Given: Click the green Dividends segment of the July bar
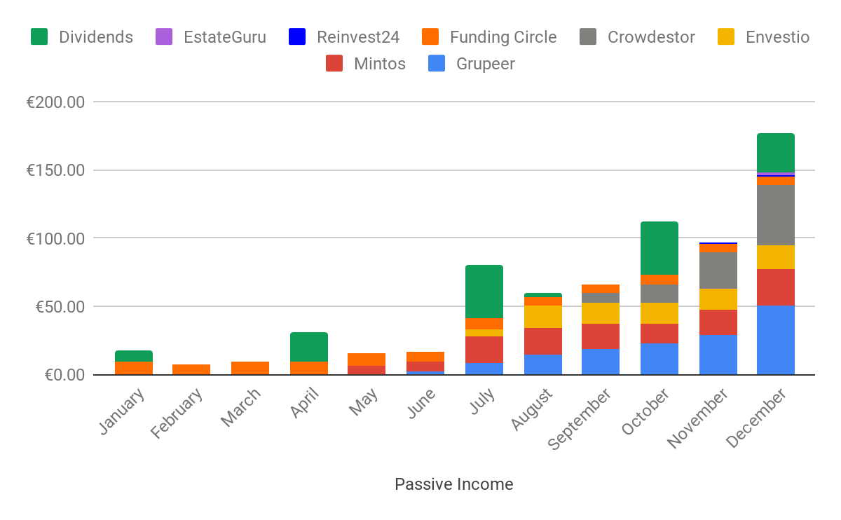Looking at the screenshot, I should pos(484,292).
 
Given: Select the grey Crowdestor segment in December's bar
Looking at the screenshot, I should pos(775,214).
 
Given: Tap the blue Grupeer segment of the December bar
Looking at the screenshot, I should pos(775,340).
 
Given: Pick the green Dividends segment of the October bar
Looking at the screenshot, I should pos(659,248).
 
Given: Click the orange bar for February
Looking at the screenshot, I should pos(191,369).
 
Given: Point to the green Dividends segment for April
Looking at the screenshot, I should pos(308,347).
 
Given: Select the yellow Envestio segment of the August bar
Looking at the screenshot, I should pos(542,317).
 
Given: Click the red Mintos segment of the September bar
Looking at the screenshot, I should pos(600,336).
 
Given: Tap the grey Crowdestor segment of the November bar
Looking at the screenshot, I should pos(718,270).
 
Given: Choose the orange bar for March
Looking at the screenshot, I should pos(250,368).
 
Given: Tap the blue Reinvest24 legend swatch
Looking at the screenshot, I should pos(297,37).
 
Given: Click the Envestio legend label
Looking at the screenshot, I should pos(777,37).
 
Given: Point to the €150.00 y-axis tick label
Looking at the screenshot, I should pos(55,170).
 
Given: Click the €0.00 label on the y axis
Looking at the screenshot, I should pos(64,375).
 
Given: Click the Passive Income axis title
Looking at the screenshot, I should pos(453,484).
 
